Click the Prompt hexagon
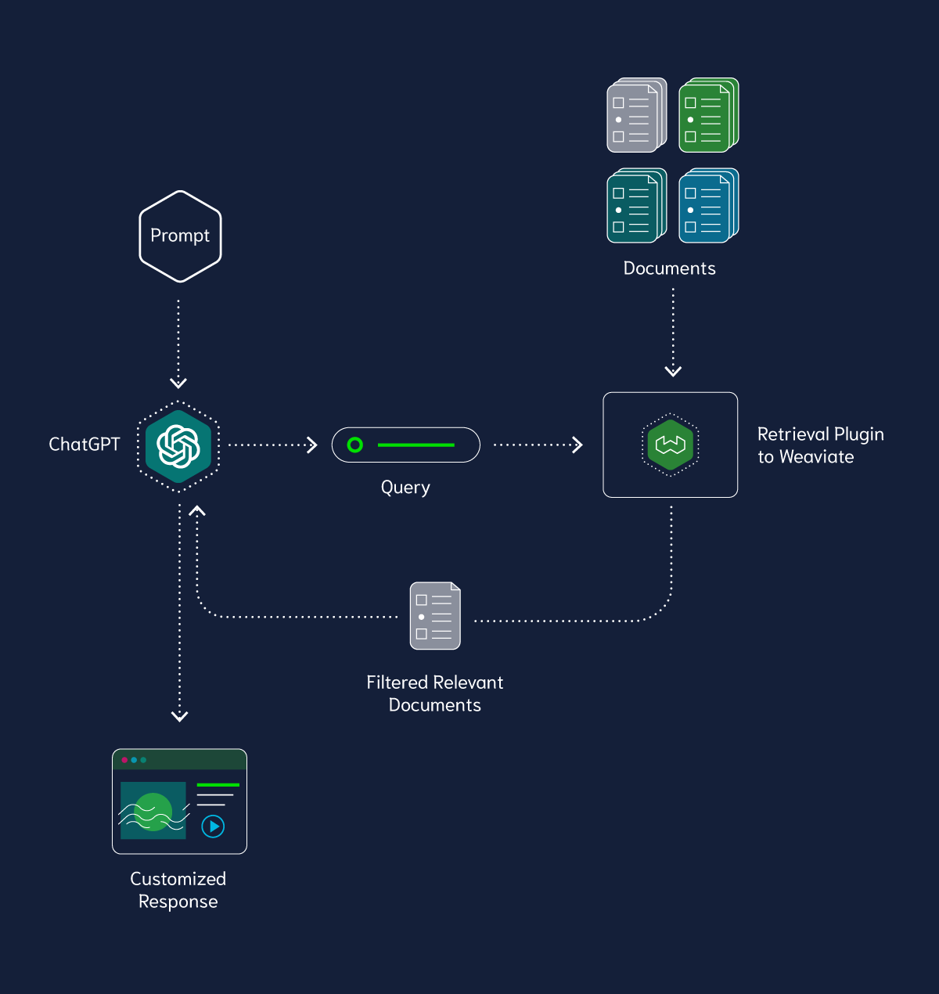pos(180,236)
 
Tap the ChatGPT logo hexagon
pos(179,446)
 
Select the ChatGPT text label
pos(85,445)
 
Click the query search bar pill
pos(405,445)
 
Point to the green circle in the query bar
pos(355,445)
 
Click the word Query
pos(405,488)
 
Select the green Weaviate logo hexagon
pos(670,445)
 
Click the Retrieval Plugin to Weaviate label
pos(820,445)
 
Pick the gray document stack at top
pos(636,115)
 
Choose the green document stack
pos(708,115)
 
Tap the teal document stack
pos(636,206)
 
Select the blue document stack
pos(708,206)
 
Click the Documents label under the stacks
pos(669,268)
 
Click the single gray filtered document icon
pos(435,616)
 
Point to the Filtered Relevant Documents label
pos(435,693)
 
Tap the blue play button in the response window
pos(213,826)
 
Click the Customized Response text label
pos(178,890)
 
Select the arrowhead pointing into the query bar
pos(312,445)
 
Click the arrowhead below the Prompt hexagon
pos(178,383)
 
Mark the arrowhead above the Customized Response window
pos(179,716)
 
